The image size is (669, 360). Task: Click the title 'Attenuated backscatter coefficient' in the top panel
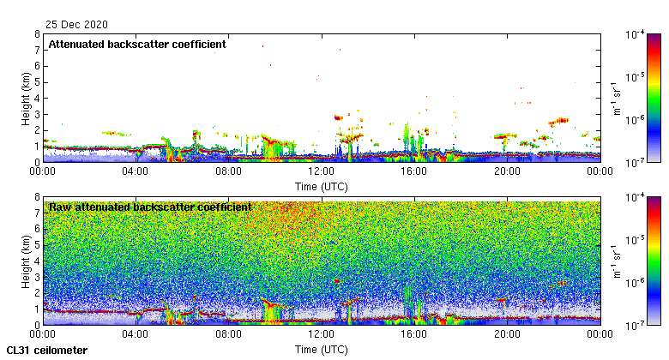point(137,44)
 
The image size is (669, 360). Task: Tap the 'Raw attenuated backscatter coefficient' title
point(150,207)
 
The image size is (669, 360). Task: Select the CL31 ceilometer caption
point(47,350)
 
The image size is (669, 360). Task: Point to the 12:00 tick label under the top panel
point(322,171)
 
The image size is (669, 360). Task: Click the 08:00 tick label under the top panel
point(228,171)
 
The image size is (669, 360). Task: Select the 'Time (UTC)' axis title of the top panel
point(322,186)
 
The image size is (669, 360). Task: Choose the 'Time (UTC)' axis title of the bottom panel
point(322,349)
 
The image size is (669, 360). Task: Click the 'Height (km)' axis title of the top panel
point(27,99)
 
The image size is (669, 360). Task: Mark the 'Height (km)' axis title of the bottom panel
point(27,261)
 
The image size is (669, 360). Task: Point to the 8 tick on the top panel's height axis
point(37,35)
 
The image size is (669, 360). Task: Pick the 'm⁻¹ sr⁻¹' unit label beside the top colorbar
point(615,99)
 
